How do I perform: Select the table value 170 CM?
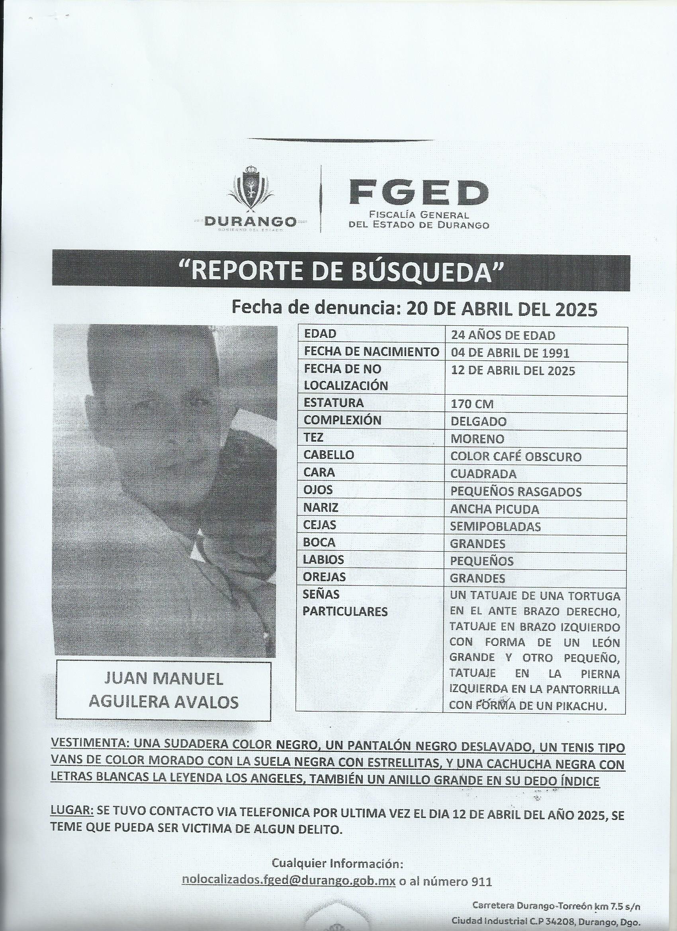coord(472,404)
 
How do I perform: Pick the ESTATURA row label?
coord(333,403)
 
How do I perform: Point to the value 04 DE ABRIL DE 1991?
coord(510,353)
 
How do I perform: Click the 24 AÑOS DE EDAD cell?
coord(503,335)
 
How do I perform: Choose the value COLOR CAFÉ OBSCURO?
coord(516,456)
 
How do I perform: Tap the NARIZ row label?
coord(321,507)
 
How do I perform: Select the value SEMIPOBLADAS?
coord(495,526)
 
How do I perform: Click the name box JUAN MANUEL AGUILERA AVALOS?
coord(163,690)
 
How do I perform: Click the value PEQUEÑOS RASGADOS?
coord(516,492)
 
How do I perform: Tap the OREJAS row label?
coord(324,577)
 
